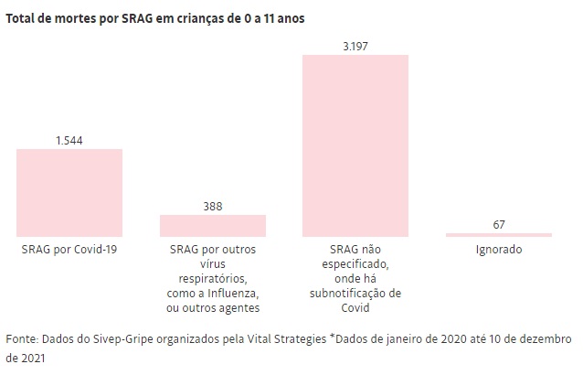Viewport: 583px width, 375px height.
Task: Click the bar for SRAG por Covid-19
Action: (69, 193)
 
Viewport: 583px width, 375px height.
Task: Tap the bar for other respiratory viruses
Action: (213, 226)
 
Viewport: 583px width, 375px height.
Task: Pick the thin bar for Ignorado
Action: (499, 235)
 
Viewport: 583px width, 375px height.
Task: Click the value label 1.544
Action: (69, 141)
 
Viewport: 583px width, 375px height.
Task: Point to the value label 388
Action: (213, 207)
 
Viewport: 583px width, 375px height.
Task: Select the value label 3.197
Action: (355, 46)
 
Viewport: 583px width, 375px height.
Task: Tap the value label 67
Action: (499, 224)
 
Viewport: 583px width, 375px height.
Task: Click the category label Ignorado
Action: (499, 249)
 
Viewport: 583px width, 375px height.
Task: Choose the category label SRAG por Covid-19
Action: (69, 249)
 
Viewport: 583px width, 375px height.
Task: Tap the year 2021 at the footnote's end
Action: (18, 359)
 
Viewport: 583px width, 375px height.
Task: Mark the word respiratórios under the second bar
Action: (213, 278)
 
